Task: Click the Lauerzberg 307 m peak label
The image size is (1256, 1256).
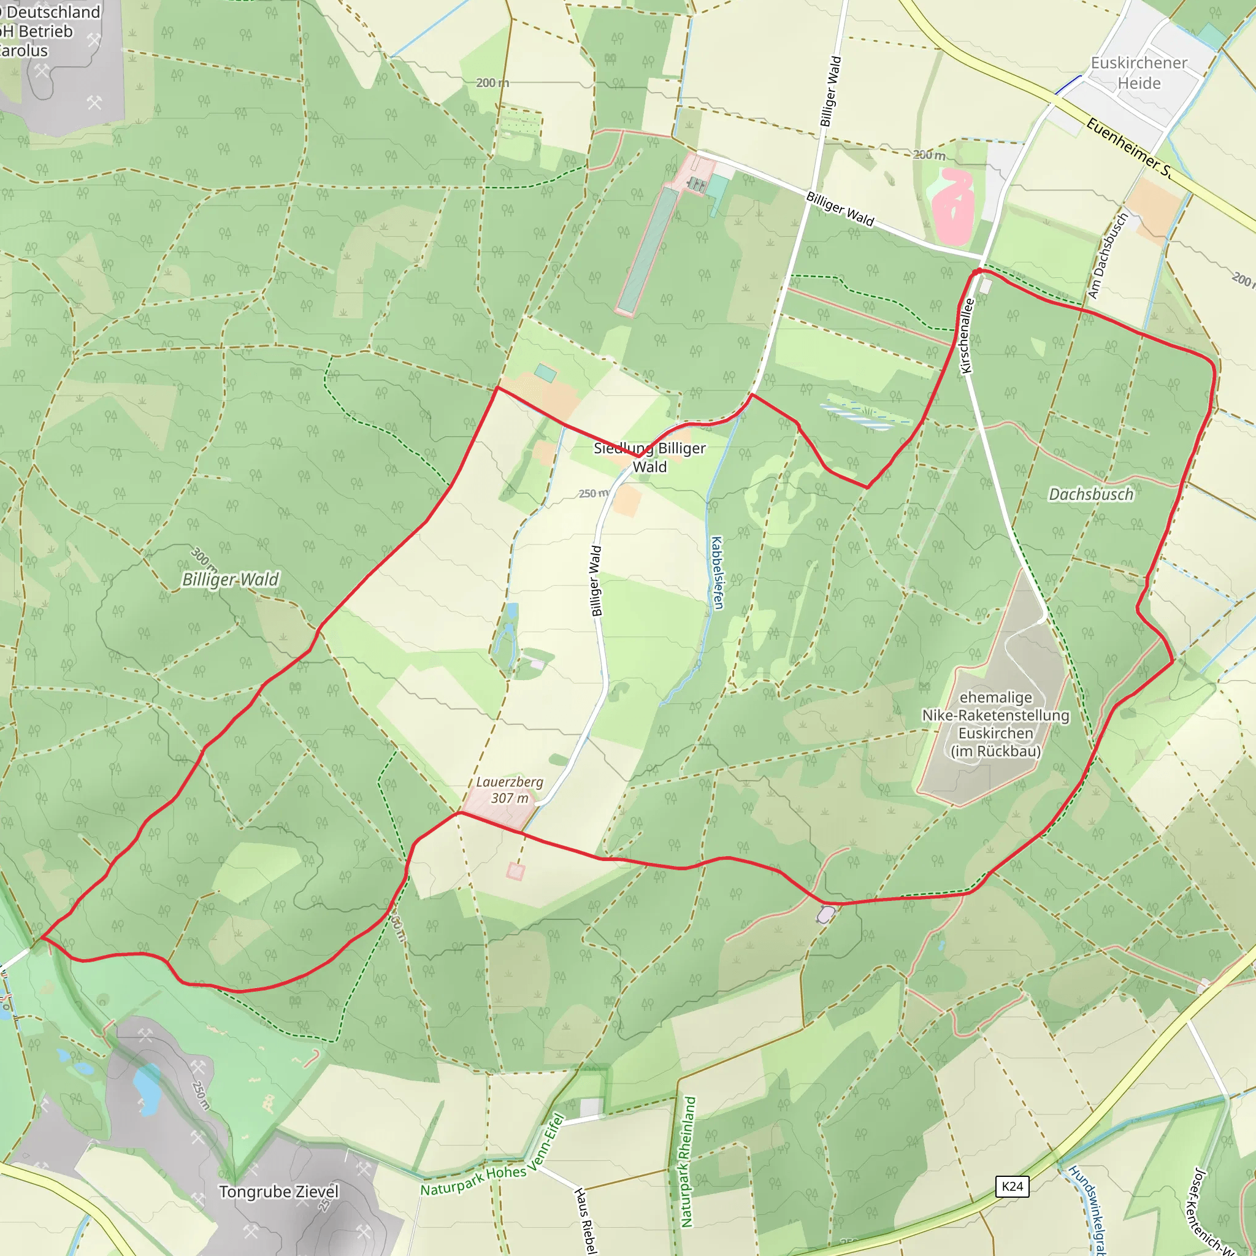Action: tap(510, 790)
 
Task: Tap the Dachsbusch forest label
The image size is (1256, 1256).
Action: tap(1091, 495)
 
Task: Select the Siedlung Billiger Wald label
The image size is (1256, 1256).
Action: tap(649, 457)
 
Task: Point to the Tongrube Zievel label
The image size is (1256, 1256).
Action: tap(279, 1192)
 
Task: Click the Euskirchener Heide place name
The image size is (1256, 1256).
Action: tap(1139, 73)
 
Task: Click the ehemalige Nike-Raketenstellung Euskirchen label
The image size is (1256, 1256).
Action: tap(995, 724)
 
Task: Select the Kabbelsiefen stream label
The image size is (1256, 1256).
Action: tap(717, 573)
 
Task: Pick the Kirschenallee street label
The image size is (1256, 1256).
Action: tap(967, 335)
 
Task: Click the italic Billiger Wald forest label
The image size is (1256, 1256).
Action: tap(230, 579)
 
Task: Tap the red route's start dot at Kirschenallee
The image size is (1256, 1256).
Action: tap(978, 271)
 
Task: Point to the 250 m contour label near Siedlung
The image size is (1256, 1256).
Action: tap(593, 494)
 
